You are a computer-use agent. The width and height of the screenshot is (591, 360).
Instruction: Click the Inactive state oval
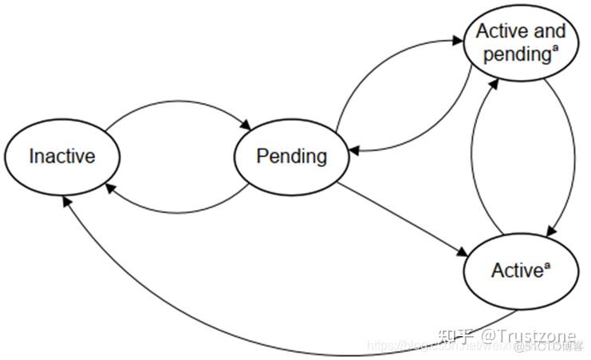coord(61,156)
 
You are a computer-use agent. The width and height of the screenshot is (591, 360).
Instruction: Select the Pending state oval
coord(291,156)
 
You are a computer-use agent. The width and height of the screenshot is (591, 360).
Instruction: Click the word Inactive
coord(61,156)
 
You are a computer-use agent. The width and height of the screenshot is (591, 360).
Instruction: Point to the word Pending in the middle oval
coord(291,156)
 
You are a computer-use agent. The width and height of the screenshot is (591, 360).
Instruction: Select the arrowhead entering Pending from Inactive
coord(246,125)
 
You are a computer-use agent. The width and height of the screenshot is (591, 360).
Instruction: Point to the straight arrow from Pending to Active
coord(403,220)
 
